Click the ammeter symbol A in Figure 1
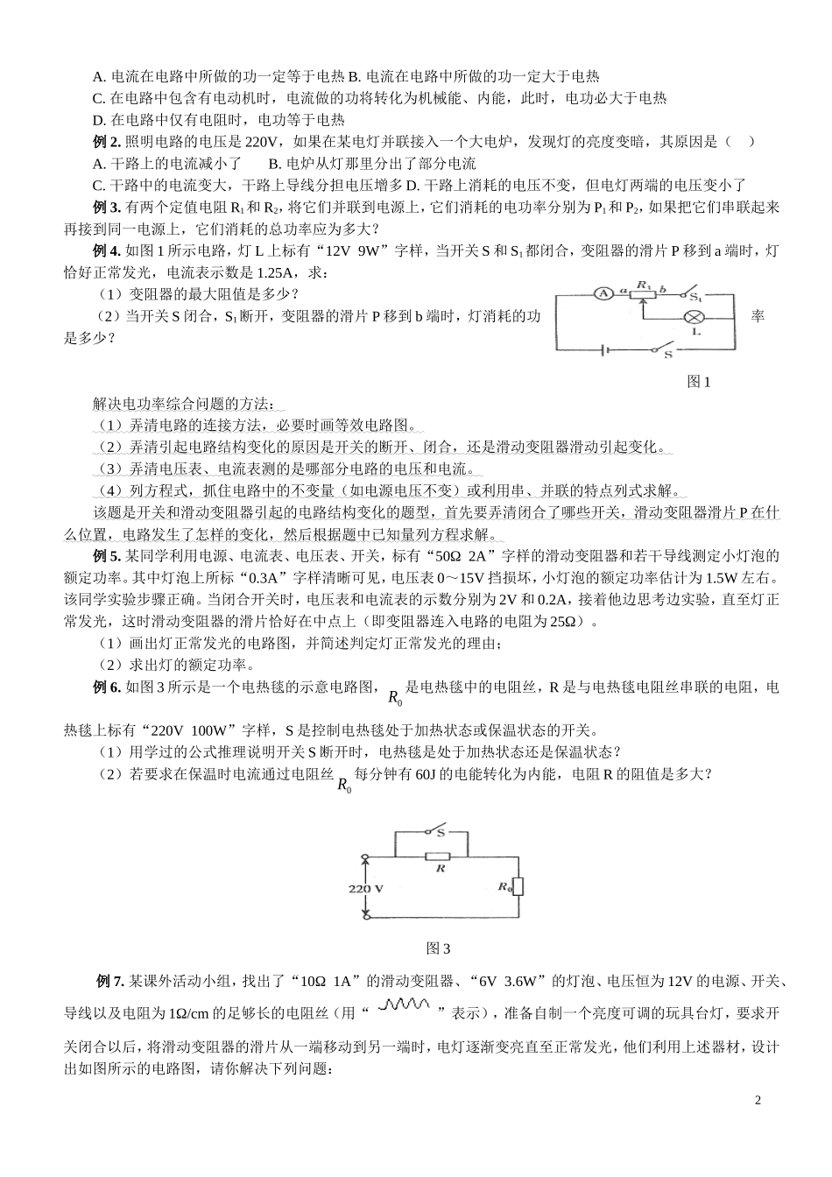(603, 294)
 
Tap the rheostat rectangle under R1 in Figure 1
(645, 294)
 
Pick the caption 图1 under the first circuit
(698, 382)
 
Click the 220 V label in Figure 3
(366, 888)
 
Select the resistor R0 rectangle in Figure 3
(518, 886)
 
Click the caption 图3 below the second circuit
(437, 948)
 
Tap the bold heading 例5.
(106, 556)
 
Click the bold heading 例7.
(109, 979)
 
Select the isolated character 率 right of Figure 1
(758, 315)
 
